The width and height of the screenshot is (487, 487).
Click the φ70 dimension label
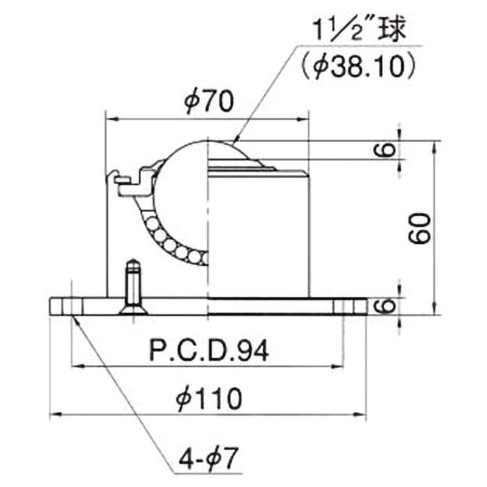(x=208, y=102)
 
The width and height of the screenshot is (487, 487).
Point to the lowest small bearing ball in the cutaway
(x=195, y=257)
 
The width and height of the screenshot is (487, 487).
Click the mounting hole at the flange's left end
(x=72, y=306)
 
